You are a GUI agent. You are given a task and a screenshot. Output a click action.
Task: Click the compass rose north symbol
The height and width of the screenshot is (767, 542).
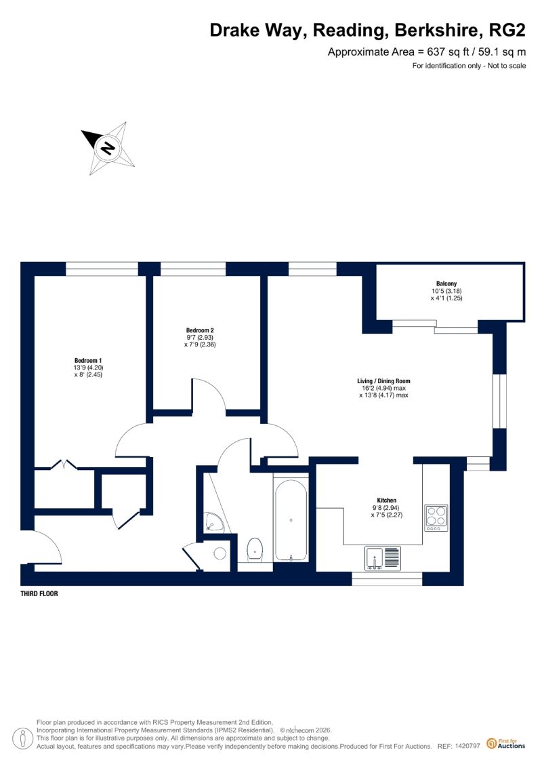108,148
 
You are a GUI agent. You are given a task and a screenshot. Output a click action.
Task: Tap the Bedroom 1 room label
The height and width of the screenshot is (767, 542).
88,361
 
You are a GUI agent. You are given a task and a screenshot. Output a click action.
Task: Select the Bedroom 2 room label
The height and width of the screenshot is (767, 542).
200,330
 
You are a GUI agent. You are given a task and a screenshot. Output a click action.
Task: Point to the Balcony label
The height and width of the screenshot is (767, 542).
446,283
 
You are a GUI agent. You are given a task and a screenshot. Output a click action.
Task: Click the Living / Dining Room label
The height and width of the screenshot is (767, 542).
383,381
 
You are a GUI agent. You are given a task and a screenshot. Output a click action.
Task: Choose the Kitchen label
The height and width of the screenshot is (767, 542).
387,500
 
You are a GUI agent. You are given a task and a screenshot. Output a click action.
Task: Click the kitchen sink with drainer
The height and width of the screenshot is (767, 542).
383,558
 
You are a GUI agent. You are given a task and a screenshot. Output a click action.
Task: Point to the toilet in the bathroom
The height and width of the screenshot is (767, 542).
255,549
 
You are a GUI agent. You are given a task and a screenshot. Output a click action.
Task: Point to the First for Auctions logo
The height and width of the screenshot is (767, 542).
506,744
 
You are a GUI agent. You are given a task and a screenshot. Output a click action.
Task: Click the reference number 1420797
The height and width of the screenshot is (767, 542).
467,746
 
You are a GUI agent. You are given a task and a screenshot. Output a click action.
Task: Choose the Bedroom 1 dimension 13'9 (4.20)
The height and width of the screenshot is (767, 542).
89,368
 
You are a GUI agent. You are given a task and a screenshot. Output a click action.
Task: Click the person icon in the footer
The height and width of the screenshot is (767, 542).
22,738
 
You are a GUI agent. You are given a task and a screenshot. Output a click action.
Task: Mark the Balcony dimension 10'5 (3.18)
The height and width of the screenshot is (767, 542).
446,291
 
